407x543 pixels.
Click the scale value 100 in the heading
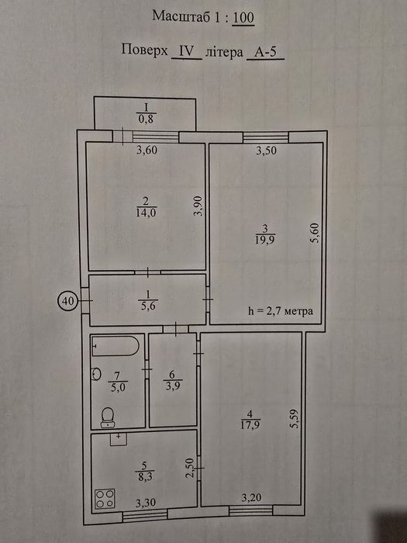(243, 17)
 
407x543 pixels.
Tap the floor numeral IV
(187, 52)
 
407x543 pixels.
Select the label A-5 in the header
(265, 52)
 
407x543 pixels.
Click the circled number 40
(68, 301)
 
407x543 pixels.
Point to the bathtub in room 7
(116, 346)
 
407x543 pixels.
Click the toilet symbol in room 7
(108, 417)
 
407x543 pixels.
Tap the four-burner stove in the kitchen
(105, 498)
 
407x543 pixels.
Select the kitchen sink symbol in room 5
(119, 439)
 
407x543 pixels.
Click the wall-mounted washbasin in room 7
(96, 374)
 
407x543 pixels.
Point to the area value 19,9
(265, 240)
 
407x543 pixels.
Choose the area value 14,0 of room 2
(147, 213)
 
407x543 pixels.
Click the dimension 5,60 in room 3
(315, 233)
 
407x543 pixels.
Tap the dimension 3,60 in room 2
(147, 150)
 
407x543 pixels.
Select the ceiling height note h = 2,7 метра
(281, 311)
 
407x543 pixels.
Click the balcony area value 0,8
(146, 119)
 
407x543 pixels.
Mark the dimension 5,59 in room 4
(295, 420)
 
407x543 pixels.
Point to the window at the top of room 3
(266, 137)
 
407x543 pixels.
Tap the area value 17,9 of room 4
(250, 425)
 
